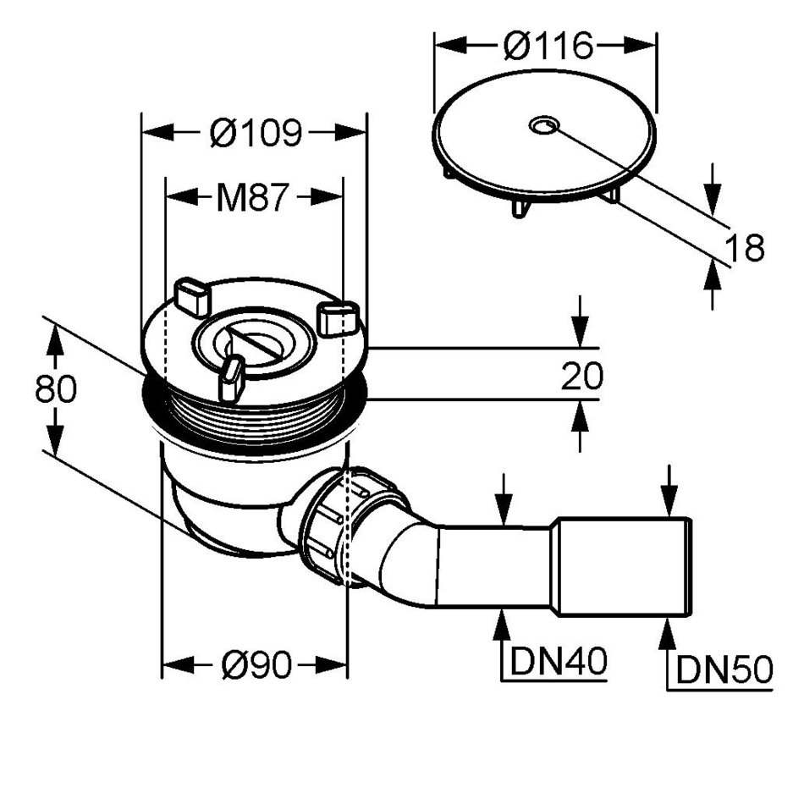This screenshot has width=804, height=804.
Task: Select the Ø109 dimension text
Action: pyautogui.click(x=255, y=133)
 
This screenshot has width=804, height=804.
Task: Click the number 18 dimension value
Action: pyautogui.click(x=745, y=248)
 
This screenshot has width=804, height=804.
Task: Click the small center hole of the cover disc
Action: pyautogui.click(x=542, y=126)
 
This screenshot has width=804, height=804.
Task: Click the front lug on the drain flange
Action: pyautogui.click(x=230, y=378)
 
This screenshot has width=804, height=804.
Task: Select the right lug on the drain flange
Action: pyautogui.click(x=338, y=317)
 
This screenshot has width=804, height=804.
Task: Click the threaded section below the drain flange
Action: pyautogui.click(x=254, y=419)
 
